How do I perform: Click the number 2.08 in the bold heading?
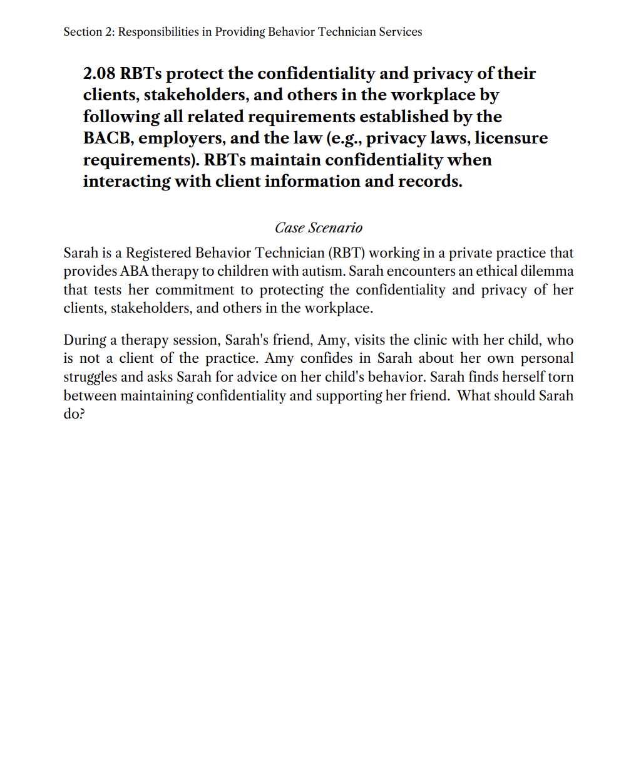100,73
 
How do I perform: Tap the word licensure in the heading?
511,138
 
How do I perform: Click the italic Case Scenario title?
319,227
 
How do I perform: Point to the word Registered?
158,253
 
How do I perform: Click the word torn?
561,377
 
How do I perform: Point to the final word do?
74,414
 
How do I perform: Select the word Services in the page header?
401,31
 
